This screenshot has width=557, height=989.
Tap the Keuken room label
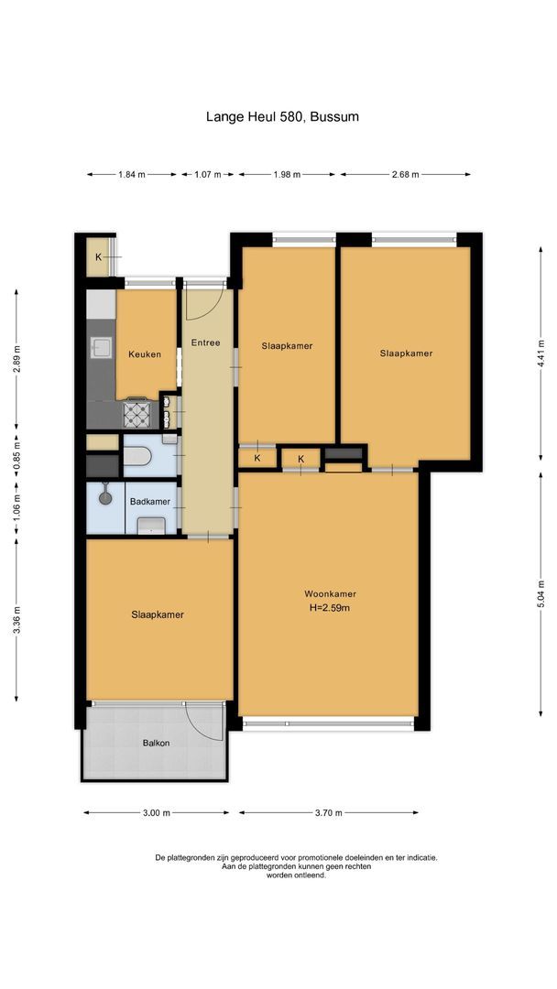pos(145,354)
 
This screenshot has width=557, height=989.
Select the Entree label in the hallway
pos(205,342)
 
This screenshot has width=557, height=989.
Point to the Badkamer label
pos(148,501)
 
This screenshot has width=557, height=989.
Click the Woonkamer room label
pos(331,593)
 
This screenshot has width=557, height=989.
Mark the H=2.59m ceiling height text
pos(331,608)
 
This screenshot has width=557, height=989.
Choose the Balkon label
pos(156,743)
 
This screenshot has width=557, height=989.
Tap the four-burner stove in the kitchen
pos(138,415)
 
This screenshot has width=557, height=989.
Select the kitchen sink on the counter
pos(99,347)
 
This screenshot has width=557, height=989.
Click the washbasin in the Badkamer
pos(151,525)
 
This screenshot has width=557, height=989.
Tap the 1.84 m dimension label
pos(133,174)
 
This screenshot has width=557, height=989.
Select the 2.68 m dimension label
pos(404,174)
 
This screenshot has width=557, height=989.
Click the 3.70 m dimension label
pos(328,812)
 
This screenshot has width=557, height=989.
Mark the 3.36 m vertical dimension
pos(16,622)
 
